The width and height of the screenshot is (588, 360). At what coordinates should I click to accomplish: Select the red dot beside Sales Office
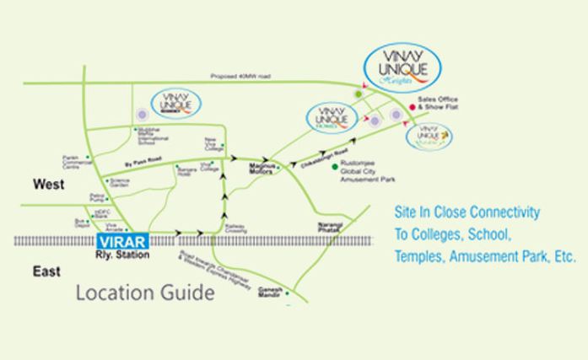click(412, 107)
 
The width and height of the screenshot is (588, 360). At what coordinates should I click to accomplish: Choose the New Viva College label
click(212, 143)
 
